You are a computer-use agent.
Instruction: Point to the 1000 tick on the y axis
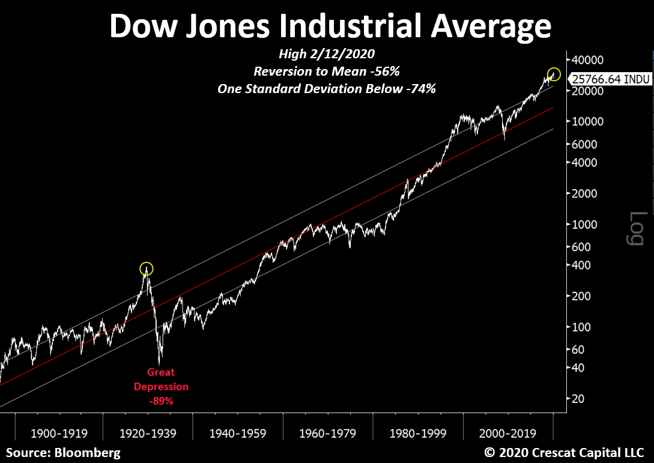pyautogui.click(x=584, y=224)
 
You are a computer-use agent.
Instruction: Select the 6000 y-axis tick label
pyautogui.click(x=584, y=144)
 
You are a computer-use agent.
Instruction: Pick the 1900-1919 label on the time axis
pyautogui.click(x=58, y=433)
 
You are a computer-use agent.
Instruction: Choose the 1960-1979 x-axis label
pyautogui.click(x=328, y=433)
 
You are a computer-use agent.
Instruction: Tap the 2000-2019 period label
pyautogui.click(x=508, y=433)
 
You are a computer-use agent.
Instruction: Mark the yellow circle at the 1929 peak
pyautogui.click(x=146, y=268)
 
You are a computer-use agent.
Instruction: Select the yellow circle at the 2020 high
pyautogui.click(x=554, y=74)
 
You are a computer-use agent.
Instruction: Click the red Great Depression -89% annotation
pyautogui.click(x=161, y=387)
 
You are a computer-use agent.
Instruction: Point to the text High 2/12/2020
pyautogui.click(x=327, y=54)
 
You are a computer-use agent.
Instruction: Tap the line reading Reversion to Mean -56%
pyautogui.click(x=327, y=71)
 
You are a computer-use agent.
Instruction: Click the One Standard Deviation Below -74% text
pyautogui.click(x=327, y=88)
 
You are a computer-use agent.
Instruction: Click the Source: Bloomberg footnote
pyautogui.click(x=63, y=452)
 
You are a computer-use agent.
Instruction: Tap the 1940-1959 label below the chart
pyautogui.click(x=238, y=433)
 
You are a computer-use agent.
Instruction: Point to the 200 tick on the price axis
pyautogui.click(x=582, y=296)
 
